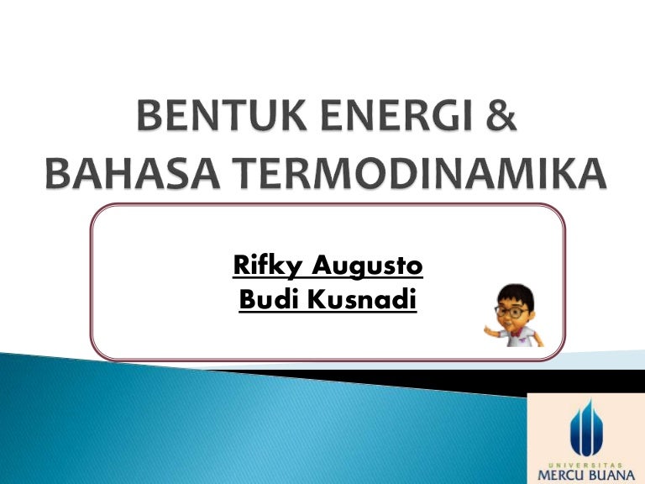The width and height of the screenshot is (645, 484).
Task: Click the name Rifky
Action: [x=269, y=267]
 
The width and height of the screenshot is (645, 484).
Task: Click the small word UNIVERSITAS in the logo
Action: [x=585, y=462]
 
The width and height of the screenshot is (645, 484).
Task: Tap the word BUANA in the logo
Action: [x=612, y=475]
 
